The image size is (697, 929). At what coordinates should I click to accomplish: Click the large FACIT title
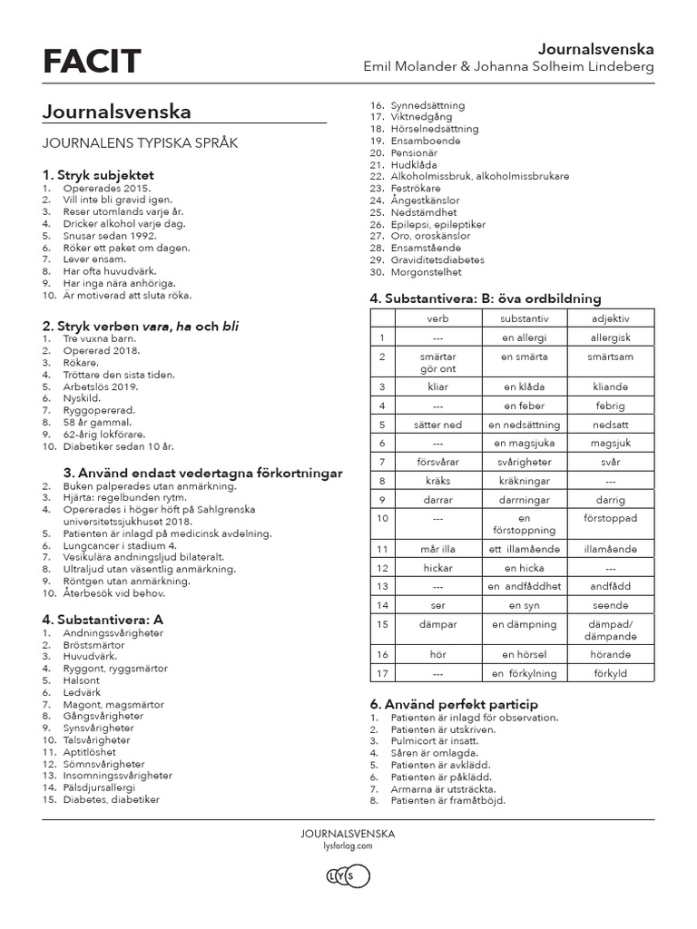92,61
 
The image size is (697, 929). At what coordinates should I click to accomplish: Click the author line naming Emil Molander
508,68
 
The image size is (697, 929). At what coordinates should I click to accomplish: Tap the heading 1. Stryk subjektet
98,174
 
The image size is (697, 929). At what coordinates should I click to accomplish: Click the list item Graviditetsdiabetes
437,259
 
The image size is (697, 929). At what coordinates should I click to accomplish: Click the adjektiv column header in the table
610,318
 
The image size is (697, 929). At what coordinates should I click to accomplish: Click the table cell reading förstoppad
610,517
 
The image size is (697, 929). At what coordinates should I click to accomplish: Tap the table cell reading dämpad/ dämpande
610,630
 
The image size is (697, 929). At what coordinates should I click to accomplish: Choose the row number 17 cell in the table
383,673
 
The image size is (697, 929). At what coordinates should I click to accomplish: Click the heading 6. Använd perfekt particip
454,704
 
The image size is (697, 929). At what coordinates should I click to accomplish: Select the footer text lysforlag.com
348,844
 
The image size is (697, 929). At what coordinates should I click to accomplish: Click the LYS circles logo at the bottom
348,876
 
